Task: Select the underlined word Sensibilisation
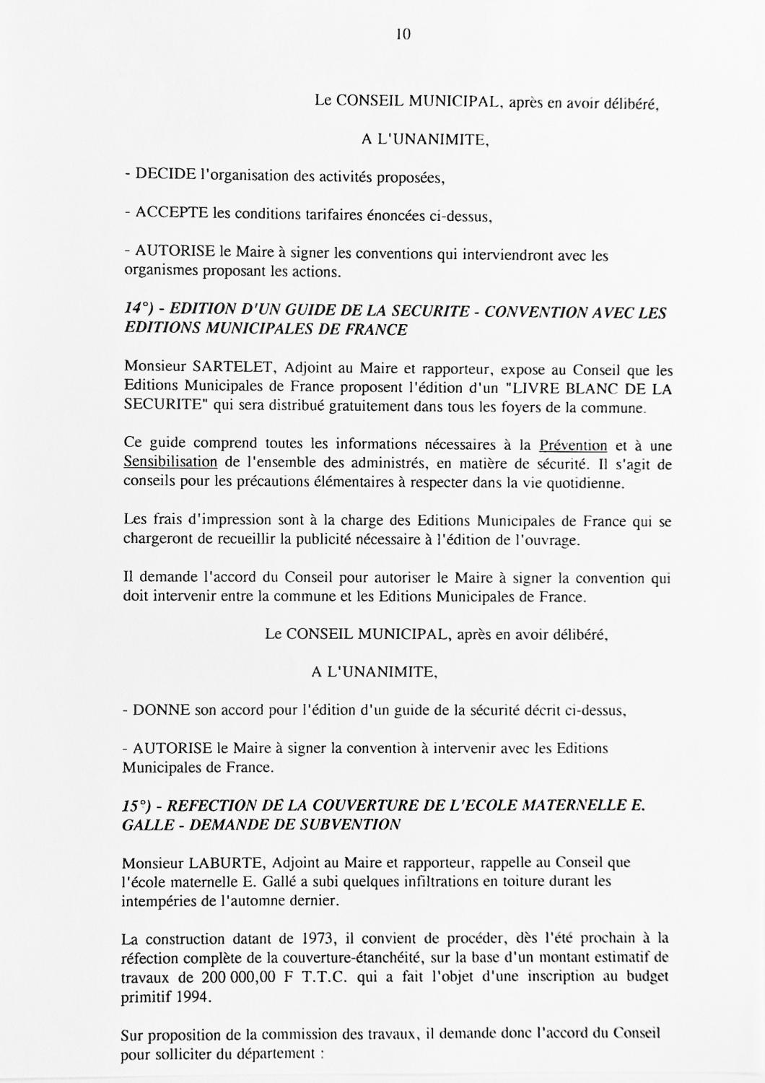(170, 462)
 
